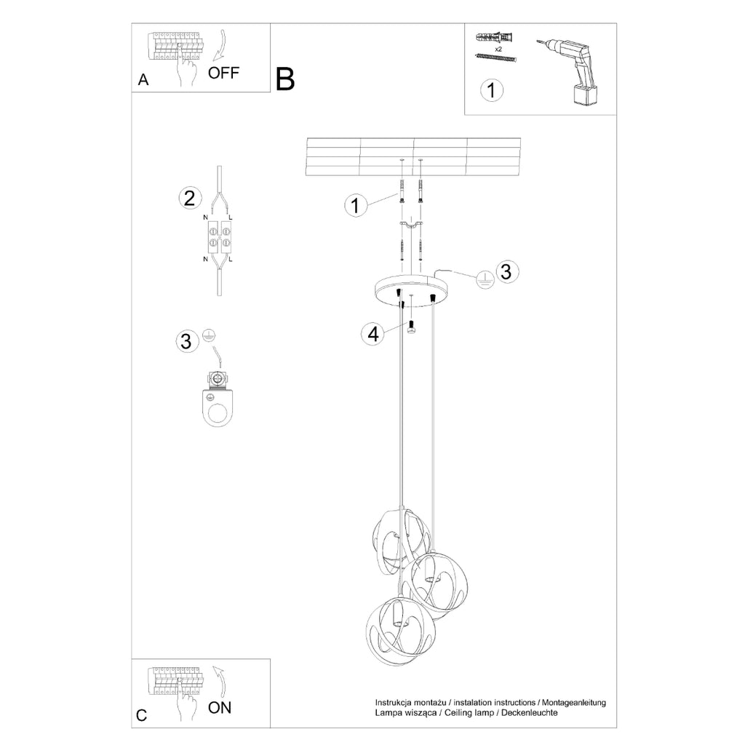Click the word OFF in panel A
point(223,73)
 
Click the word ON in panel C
point(220,707)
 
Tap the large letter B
point(285,79)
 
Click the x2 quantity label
point(498,49)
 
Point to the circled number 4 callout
point(373,334)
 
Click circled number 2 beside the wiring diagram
point(190,198)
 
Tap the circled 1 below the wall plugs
point(491,89)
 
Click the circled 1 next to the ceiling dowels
point(355,206)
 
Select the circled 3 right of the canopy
point(507,271)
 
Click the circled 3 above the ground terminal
point(186,340)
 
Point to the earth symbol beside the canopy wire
point(485,280)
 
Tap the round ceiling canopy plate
point(411,290)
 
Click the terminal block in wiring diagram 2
point(218,238)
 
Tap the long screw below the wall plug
point(495,58)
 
